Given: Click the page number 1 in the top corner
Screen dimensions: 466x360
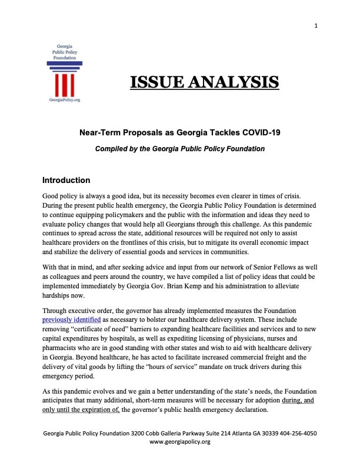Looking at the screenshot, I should tap(316, 25).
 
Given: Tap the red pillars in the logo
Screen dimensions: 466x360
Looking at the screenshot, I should tap(66, 85).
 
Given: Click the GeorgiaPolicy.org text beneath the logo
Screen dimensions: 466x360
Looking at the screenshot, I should tap(65, 101).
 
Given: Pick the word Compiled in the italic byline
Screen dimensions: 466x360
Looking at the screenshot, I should tap(112, 149).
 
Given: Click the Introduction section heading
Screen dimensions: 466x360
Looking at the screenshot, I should tap(66, 180).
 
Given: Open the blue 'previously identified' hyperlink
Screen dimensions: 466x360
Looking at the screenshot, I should tap(72, 320).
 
